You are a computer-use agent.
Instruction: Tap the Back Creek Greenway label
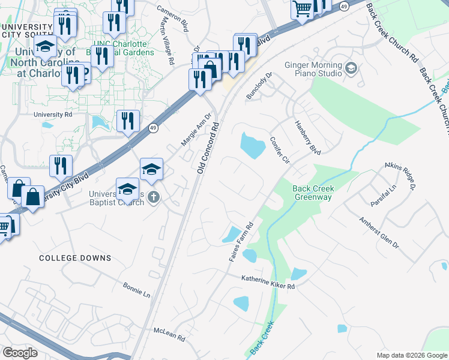click(x=313, y=193)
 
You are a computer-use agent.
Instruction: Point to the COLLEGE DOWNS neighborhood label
click(x=75, y=258)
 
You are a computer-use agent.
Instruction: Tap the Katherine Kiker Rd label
click(x=268, y=282)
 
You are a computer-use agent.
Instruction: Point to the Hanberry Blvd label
click(x=307, y=137)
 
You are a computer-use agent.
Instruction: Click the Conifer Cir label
click(x=280, y=149)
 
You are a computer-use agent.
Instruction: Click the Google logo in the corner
click(x=20, y=353)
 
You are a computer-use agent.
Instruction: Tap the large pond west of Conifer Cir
click(x=252, y=145)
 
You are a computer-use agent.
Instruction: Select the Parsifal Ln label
click(x=383, y=196)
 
